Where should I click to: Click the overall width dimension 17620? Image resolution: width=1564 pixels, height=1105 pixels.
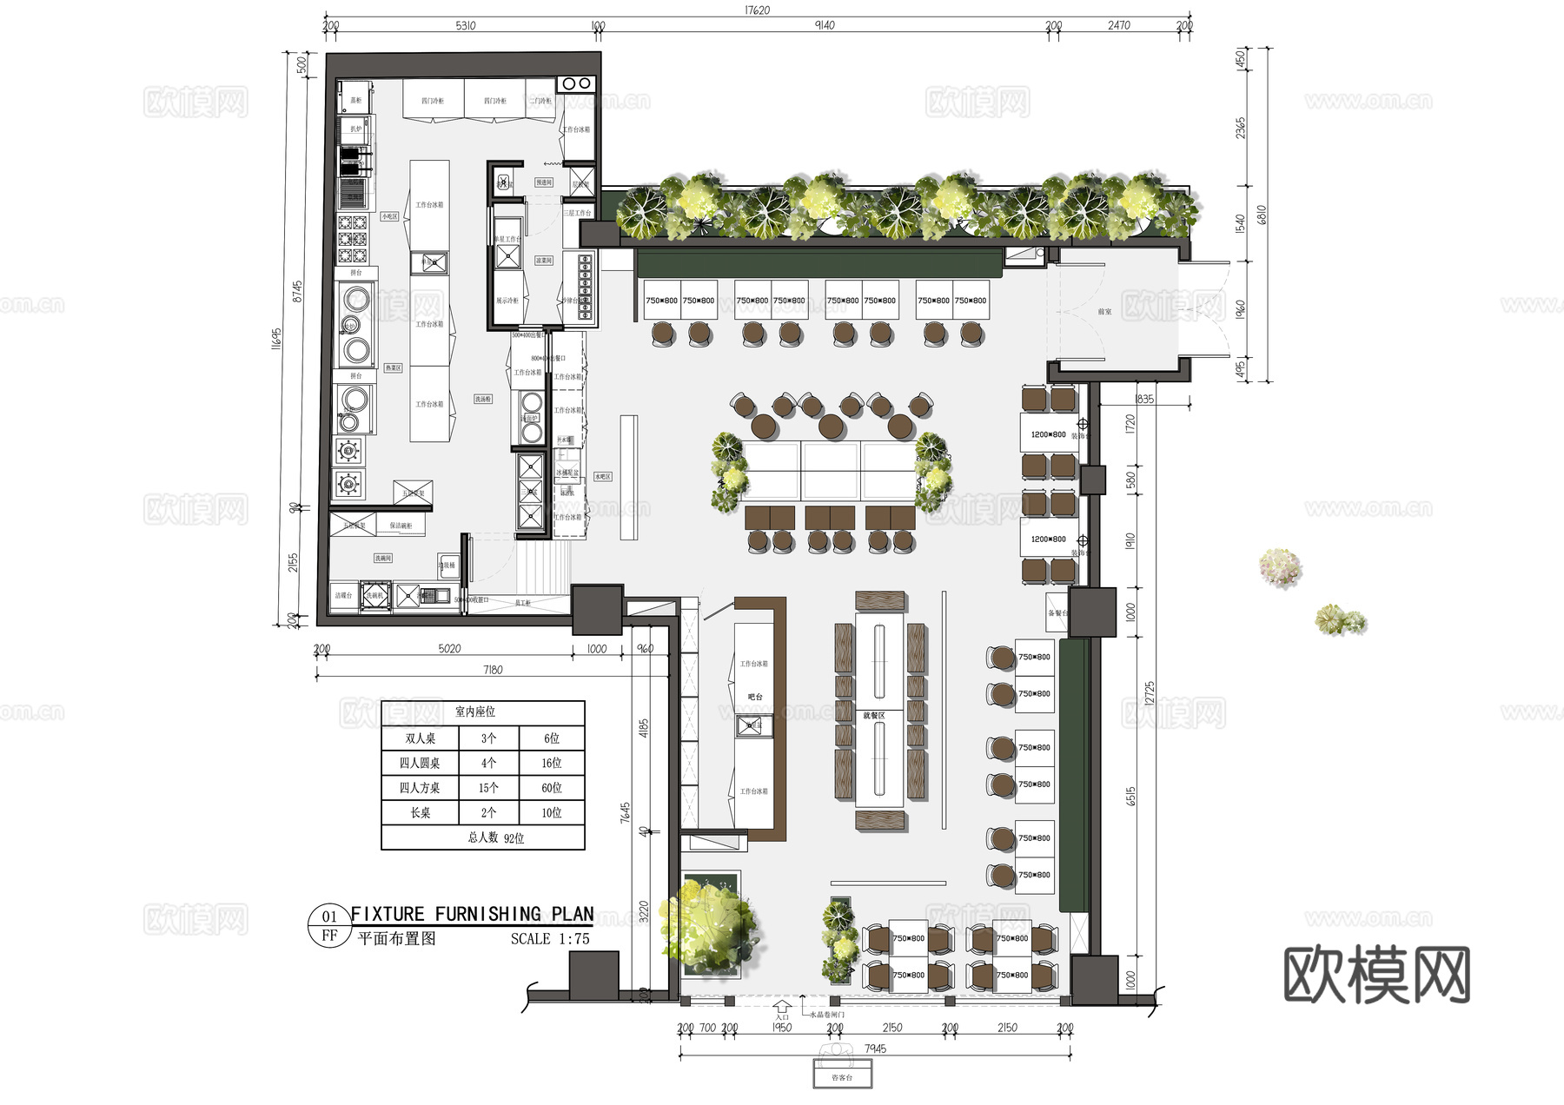[757, 10]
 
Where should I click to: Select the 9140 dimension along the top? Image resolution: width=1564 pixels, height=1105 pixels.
[824, 25]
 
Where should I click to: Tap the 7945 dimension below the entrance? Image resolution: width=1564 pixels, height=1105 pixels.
[875, 1049]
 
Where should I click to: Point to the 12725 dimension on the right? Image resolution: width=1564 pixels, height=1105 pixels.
[1150, 693]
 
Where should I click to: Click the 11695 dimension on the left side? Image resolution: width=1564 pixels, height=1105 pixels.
[276, 338]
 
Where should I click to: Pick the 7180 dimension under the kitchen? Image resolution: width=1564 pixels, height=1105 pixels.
[493, 670]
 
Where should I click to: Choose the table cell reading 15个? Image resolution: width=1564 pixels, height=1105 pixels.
[488, 788]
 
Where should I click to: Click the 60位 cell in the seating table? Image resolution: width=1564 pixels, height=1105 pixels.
[551, 788]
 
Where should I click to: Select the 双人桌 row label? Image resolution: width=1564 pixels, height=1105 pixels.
[420, 738]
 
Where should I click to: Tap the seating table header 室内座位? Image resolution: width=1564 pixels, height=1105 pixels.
[475, 711]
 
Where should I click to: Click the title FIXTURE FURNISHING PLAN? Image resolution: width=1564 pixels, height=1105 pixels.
[472, 914]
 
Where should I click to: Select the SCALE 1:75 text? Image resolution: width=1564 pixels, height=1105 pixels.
[550, 939]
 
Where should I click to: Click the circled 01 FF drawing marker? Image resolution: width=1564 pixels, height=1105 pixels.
[329, 926]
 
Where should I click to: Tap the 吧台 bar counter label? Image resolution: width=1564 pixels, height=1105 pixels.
[755, 697]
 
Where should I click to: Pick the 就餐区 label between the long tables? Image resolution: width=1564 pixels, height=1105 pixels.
[874, 716]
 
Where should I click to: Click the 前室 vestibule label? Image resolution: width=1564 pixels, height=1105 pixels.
[1104, 311]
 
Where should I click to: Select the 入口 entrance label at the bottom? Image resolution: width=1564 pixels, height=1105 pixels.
[782, 1017]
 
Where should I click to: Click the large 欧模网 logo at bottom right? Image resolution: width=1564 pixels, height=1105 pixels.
[1376, 976]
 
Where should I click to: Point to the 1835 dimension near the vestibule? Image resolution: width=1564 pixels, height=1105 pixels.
[1144, 400]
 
